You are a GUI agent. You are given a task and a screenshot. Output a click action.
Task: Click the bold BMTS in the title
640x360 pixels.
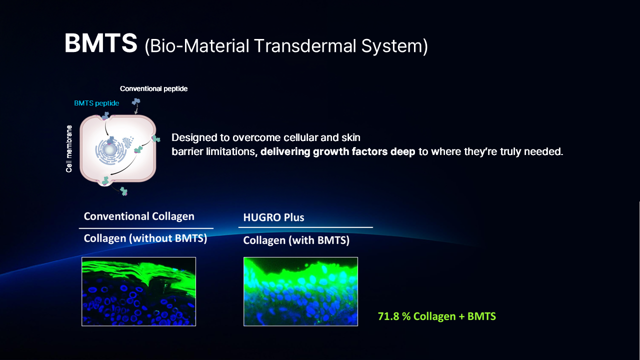tap(101, 43)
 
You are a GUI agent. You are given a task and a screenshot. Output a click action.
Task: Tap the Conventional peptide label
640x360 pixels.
tap(153, 89)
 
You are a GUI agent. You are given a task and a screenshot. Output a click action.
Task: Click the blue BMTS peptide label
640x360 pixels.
tap(96, 103)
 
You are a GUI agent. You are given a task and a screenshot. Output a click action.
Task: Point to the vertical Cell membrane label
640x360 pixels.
tap(69, 149)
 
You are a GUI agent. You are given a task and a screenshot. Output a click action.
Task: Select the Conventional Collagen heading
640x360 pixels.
tap(139, 216)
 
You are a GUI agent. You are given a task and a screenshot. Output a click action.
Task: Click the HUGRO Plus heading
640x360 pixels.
tap(273, 217)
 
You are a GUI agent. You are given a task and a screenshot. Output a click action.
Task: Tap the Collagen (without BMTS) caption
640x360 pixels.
tap(145, 238)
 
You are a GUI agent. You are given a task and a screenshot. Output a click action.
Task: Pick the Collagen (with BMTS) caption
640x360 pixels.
tap(296, 240)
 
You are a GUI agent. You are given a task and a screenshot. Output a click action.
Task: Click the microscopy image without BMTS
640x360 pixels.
tap(139, 291)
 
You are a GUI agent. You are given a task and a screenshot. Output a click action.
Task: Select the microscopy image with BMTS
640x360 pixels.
tap(300, 291)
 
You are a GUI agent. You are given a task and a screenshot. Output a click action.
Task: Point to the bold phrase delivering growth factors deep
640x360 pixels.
tap(337, 151)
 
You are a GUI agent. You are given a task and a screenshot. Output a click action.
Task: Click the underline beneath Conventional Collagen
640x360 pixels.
tap(146, 228)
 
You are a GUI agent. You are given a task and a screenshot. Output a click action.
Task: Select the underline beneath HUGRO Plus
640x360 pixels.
tap(305, 227)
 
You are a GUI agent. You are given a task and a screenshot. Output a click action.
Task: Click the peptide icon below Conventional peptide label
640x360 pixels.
tap(136, 101)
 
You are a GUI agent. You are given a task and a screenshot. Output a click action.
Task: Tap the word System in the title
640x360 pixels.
tap(394, 46)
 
